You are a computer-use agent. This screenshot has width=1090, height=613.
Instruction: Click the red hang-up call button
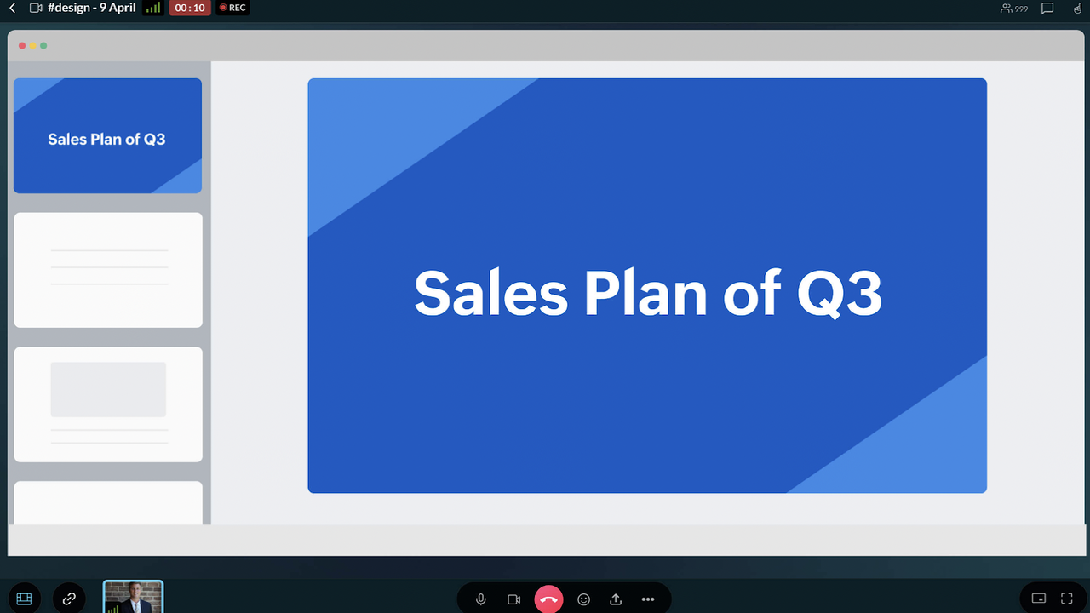548,599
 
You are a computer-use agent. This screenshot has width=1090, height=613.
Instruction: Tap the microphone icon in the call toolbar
481,599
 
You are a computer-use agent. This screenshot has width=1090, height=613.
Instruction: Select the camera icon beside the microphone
513,599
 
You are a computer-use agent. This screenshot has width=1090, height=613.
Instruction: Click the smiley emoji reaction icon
583,599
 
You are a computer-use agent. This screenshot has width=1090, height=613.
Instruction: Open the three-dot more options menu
648,599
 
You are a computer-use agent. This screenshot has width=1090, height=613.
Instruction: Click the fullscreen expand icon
1067,599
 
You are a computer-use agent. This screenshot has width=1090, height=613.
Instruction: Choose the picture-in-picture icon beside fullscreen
1038,599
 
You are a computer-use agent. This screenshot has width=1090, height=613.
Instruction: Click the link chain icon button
69,598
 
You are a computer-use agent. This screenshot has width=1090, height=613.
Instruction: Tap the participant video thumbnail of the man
133,597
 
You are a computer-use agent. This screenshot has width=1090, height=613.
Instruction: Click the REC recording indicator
232,8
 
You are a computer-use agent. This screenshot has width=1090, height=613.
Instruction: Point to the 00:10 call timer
190,8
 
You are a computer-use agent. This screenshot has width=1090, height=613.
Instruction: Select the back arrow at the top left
13,8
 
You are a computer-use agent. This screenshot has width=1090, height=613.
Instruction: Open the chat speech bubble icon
1047,9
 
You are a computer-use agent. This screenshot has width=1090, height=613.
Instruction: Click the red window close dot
22,46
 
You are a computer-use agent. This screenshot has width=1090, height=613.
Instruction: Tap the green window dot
43,46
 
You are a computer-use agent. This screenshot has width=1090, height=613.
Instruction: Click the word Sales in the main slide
491,293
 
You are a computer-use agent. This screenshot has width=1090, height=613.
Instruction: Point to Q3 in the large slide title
840,294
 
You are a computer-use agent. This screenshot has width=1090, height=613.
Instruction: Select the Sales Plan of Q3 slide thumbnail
107,135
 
